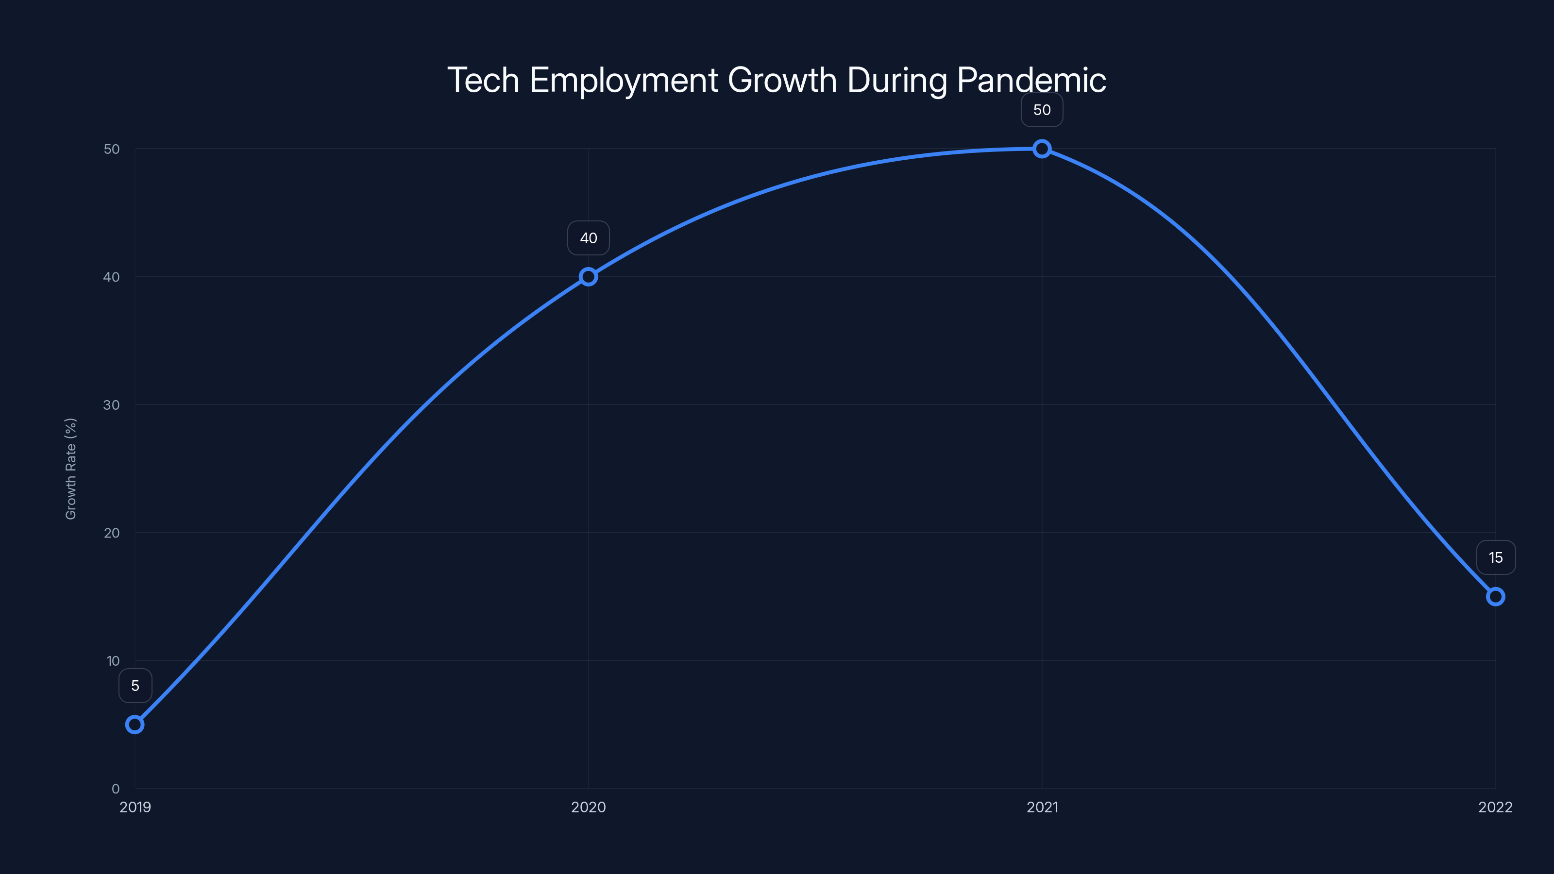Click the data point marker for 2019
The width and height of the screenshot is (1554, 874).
click(x=135, y=724)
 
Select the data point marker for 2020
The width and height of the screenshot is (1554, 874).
click(x=588, y=277)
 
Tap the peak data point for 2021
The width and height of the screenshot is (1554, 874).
click(x=1042, y=149)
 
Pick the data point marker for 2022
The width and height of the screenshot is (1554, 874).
click(x=1496, y=597)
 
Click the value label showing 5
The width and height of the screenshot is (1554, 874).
click(x=135, y=686)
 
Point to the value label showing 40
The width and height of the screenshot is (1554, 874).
click(x=588, y=238)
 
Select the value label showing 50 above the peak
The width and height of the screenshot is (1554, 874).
click(x=1042, y=110)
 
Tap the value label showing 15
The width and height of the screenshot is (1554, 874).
click(x=1496, y=558)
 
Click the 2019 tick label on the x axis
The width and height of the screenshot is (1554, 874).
click(x=135, y=807)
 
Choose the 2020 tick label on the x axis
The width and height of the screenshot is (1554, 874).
click(x=588, y=807)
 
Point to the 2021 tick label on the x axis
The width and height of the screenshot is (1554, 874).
click(x=1042, y=807)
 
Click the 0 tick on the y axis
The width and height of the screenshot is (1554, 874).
click(x=115, y=789)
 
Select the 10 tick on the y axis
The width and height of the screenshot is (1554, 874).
click(x=113, y=661)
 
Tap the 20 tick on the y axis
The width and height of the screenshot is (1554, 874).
click(x=112, y=533)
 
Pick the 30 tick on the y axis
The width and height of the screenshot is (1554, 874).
click(x=112, y=405)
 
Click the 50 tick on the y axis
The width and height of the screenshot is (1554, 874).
click(x=112, y=150)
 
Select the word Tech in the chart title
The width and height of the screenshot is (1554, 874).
click(x=483, y=80)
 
